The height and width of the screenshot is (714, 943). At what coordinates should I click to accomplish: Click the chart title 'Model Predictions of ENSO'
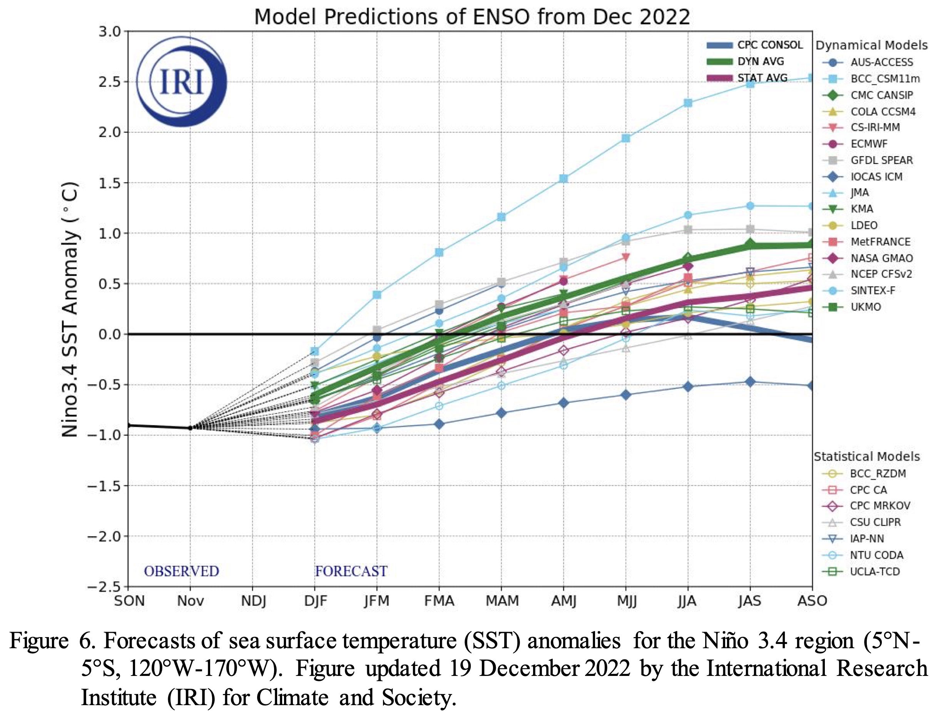click(471, 17)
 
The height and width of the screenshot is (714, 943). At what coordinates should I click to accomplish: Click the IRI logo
click(182, 82)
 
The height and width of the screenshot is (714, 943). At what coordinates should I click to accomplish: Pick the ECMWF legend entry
click(868, 144)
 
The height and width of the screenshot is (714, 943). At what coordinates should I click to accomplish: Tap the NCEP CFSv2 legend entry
click(881, 274)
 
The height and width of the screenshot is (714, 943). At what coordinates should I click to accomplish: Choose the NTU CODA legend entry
click(876, 555)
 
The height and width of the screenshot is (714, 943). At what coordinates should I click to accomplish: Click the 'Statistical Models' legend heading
click(866, 457)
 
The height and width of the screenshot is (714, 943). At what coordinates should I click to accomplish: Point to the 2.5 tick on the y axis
click(110, 82)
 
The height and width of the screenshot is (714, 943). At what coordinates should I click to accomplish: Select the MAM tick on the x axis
click(502, 601)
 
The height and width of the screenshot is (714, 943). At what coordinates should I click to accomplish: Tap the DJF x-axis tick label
click(316, 601)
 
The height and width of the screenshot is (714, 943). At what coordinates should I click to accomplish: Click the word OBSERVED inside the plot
click(181, 571)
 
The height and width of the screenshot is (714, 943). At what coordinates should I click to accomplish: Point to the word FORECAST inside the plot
click(351, 571)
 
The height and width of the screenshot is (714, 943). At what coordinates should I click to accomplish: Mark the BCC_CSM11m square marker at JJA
click(688, 103)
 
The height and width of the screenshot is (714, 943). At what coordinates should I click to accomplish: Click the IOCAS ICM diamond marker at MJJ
click(626, 395)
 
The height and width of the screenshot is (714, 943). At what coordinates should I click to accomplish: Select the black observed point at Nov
click(190, 428)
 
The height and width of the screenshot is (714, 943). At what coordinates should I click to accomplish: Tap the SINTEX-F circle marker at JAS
click(750, 206)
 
